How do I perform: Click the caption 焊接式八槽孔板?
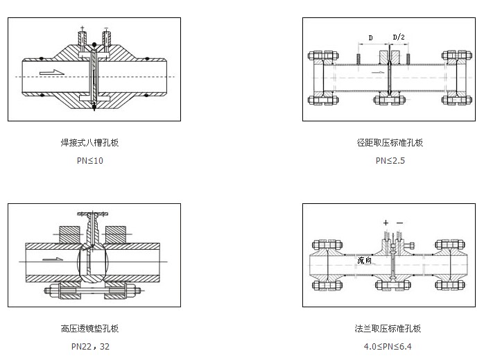94,143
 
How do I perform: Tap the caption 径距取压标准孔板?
390,143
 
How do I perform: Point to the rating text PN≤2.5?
390,160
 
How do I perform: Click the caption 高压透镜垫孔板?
94,329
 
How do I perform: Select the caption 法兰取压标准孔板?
388,329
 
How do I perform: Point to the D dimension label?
370,37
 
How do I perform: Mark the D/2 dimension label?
400,37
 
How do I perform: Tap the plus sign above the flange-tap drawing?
386,223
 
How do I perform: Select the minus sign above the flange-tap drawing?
399,223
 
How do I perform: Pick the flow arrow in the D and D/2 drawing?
378,71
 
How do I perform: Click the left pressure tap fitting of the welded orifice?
83,40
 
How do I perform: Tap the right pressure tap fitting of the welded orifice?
105,40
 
